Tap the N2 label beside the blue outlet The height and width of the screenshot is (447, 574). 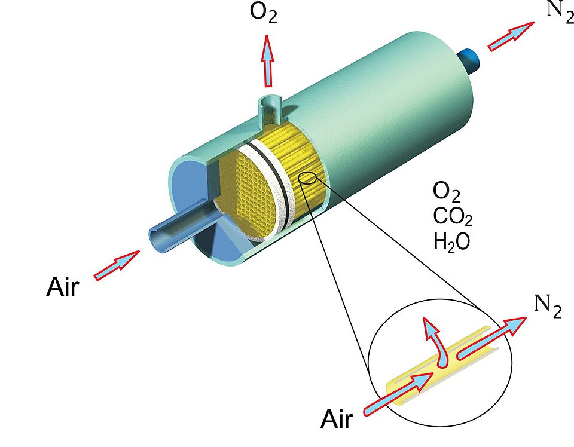(x=560, y=12)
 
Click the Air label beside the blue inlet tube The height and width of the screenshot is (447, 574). (x=62, y=288)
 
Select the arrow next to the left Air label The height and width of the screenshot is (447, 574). (x=116, y=265)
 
